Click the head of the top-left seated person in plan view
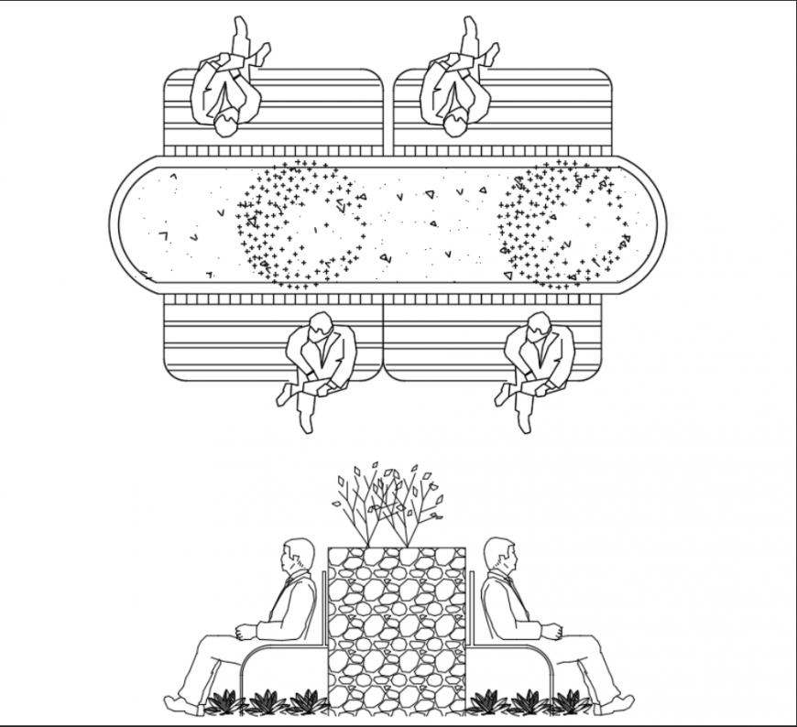click(x=225, y=124)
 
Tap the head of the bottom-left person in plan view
click(x=320, y=324)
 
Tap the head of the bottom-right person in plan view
click(x=539, y=324)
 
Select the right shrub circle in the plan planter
click(x=562, y=225)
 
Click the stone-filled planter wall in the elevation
click(x=396, y=632)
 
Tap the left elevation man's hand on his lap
click(x=243, y=632)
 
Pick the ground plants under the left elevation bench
click(x=266, y=703)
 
